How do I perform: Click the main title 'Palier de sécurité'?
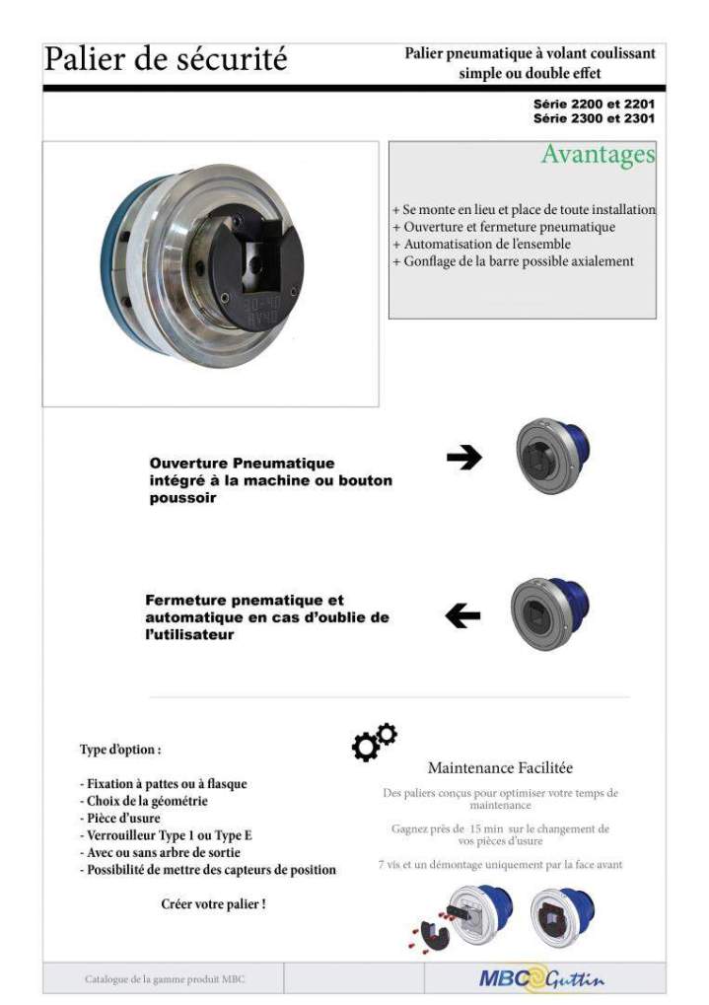(x=166, y=59)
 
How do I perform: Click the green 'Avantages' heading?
(x=598, y=155)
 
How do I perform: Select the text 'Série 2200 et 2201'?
(x=594, y=104)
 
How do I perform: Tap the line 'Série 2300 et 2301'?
(x=594, y=118)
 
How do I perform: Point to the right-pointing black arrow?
(x=463, y=457)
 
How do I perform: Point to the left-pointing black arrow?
(x=462, y=616)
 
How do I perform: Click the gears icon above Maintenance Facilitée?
(x=374, y=742)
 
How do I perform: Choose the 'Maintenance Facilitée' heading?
(x=500, y=767)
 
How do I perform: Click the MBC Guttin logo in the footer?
(x=541, y=979)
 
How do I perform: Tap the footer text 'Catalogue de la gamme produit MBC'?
(x=165, y=979)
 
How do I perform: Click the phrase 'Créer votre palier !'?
(x=213, y=903)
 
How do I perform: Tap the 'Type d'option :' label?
(x=119, y=750)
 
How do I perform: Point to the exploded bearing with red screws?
(x=458, y=916)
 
